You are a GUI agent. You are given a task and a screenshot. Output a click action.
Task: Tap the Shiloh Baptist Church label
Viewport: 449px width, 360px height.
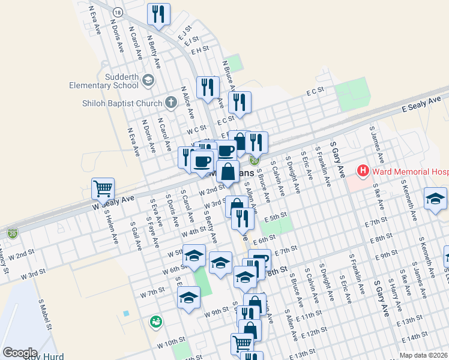point(122,103)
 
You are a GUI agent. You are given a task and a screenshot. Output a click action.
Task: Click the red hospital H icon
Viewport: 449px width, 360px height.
point(363,171)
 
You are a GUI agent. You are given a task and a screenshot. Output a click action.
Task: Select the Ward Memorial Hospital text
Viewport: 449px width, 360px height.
point(411,171)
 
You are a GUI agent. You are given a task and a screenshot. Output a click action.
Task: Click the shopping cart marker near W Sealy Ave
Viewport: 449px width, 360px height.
point(103,188)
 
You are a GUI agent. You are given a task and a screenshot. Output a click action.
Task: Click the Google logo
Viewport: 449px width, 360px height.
point(20,352)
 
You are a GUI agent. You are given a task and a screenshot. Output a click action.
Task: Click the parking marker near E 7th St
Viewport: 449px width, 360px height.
point(260,260)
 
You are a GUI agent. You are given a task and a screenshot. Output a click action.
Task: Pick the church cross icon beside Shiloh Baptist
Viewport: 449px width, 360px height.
point(170,103)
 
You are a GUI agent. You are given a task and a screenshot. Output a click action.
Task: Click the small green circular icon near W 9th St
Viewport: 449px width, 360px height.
point(156,322)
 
